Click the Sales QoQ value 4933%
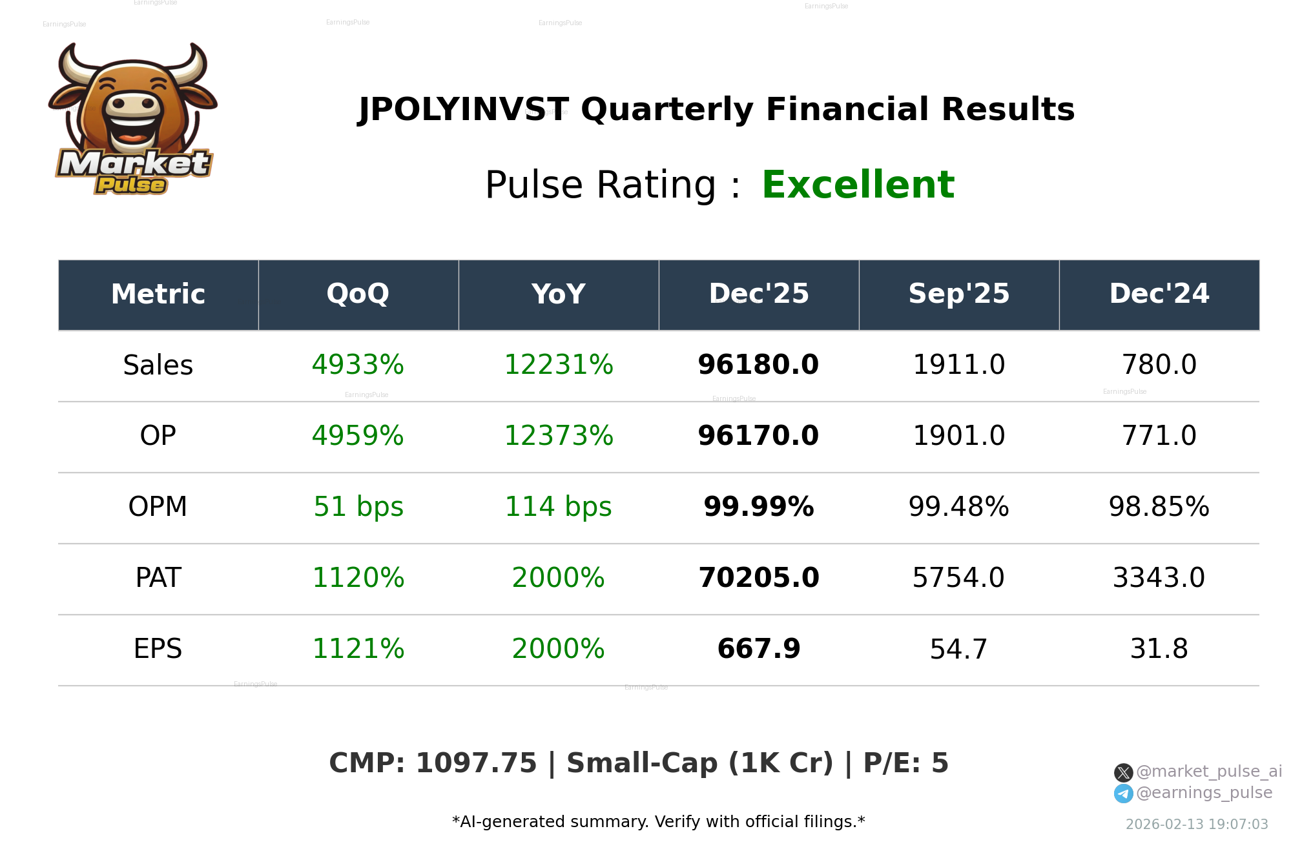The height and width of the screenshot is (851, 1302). pyautogui.click(x=358, y=365)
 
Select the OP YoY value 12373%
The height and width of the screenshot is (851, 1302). pyautogui.click(x=559, y=436)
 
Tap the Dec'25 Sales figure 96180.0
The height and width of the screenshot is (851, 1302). pyautogui.click(x=758, y=365)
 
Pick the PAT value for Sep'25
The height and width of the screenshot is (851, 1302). pyautogui.click(x=958, y=578)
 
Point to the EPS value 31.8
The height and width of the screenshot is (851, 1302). pyautogui.click(x=1159, y=649)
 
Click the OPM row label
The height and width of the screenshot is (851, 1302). pyautogui.click(x=158, y=507)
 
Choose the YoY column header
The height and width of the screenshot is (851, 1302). pyautogui.click(x=559, y=294)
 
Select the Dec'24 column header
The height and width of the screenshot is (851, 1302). pyautogui.click(x=1159, y=294)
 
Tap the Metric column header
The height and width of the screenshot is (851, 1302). pyautogui.click(x=158, y=294)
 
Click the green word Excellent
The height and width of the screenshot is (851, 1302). pyautogui.click(x=858, y=185)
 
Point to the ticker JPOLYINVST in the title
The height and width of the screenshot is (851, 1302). pyautogui.click(x=464, y=110)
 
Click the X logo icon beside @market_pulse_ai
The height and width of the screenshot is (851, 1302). pyautogui.click(x=1124, y=772)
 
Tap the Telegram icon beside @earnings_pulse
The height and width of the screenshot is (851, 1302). pyautogui.click(x=1124, y=794)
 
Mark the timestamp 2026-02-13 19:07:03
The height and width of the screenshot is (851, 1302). pyautogui.click(x=1197, y=825)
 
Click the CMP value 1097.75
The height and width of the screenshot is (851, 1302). pyautogui.click(x=476, y=763)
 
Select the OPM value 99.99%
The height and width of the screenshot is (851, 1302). pyautogui.click(x=758, y=507)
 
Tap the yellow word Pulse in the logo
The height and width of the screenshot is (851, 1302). pyautogui.click(x=131, y=185)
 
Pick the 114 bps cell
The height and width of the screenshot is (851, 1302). pyautogui.click(x=559, y=507)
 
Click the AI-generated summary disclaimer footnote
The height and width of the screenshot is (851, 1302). pyautogui.click(x=658, y=822)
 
